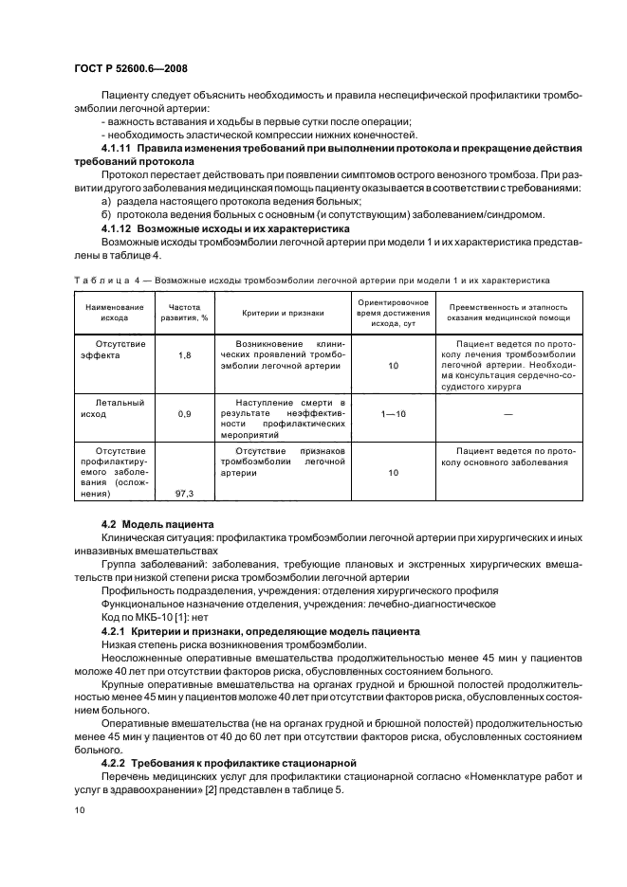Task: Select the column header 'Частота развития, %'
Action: click(184, 314)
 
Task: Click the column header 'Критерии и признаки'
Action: click(283, 314)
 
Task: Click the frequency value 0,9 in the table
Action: click(184, 415)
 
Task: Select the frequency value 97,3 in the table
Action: click(184, 493)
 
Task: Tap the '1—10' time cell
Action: click(393, 415)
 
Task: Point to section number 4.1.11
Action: click(119, 150)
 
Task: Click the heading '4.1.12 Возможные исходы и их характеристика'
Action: click(212, 228)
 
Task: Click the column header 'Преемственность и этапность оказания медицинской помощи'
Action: click(507, 314)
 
